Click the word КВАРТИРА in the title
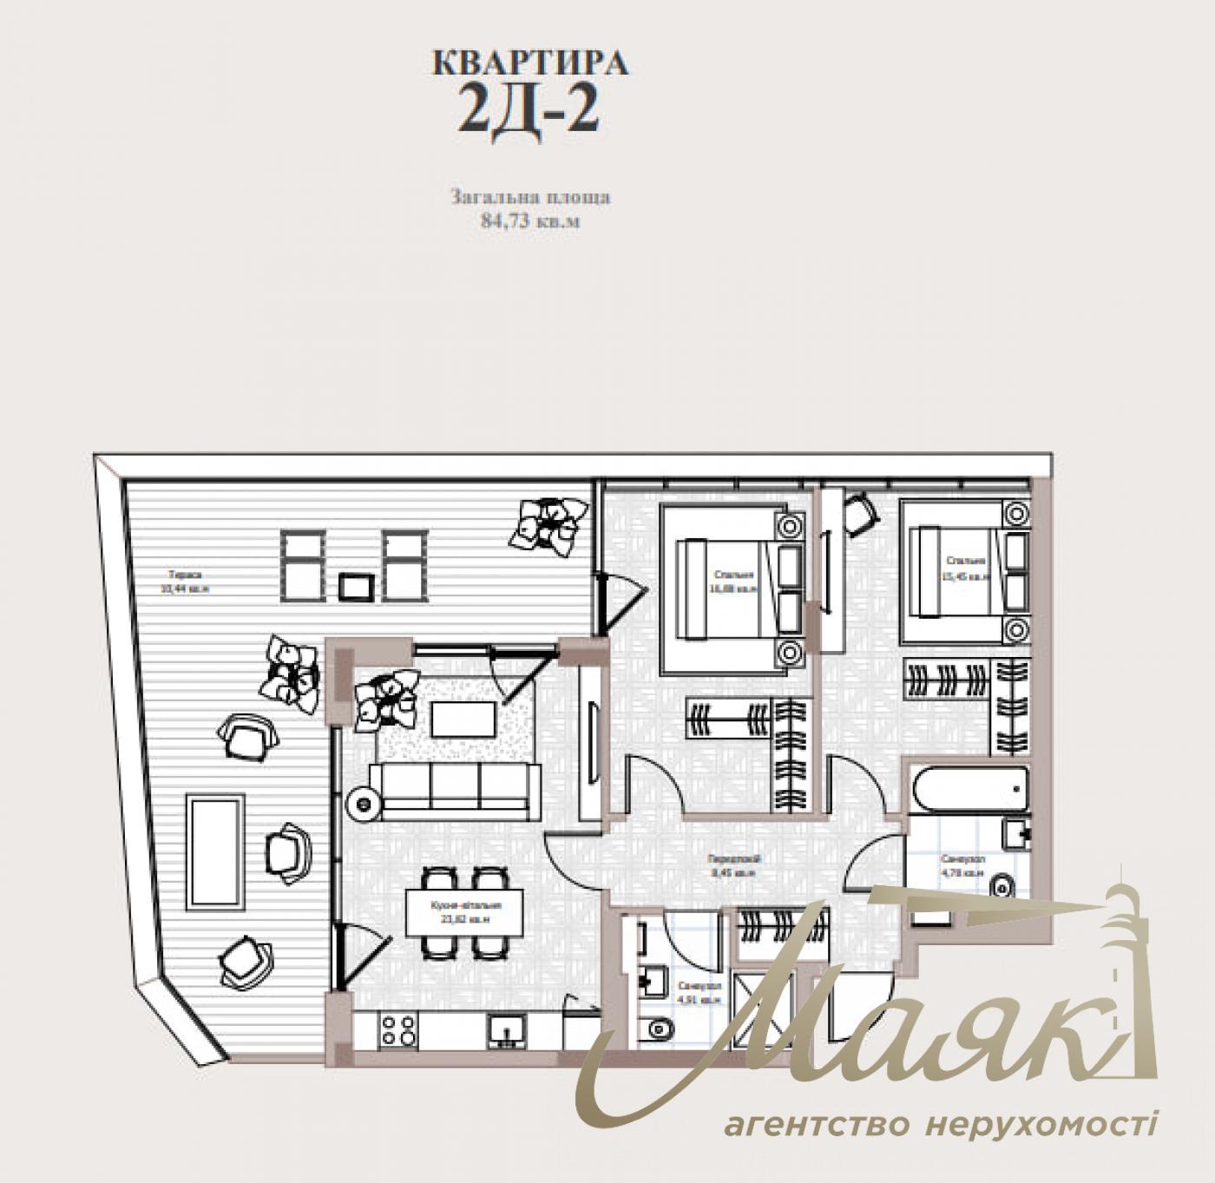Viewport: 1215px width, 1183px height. coord(530,63)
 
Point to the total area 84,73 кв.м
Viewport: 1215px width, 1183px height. coord(530,220)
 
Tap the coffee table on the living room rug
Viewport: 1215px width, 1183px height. coord(463,720)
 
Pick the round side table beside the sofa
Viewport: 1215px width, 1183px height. coord(362,804)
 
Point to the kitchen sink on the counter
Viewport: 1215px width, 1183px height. coord(504,1031)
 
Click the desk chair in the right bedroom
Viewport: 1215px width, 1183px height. coord(858,514)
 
